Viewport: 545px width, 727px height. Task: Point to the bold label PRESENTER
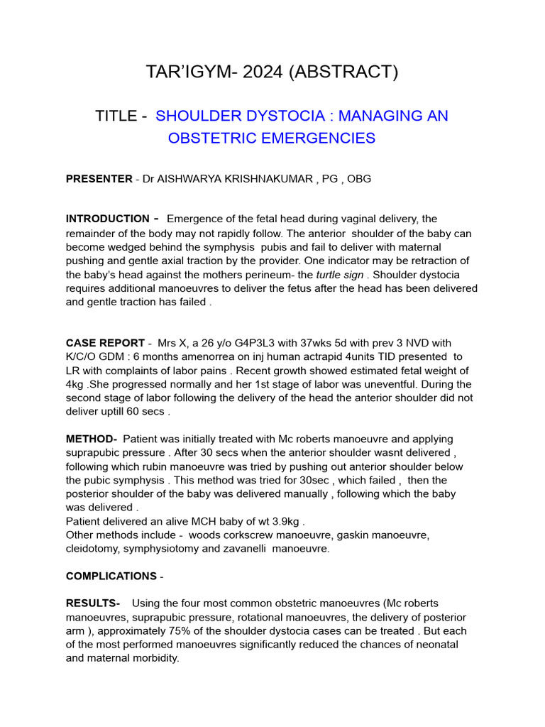coord(99,179)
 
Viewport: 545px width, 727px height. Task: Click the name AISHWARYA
coord(193,179)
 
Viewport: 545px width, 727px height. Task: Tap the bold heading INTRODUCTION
coord(107,219)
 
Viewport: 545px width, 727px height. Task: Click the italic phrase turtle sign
coord(343,274)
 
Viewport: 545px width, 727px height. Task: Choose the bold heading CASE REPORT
coord(105,343)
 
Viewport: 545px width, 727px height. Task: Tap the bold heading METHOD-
coord(92,439)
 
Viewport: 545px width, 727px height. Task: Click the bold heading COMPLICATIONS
coord(111,576)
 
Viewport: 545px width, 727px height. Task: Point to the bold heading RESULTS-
coord(93,603)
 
